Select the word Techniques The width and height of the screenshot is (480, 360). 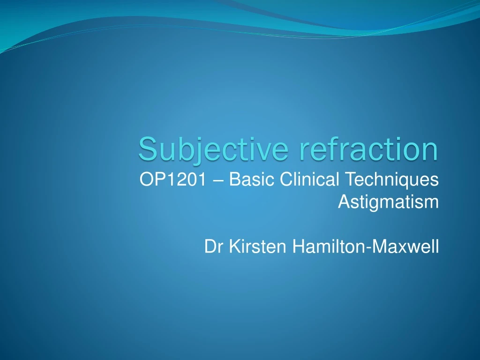392,180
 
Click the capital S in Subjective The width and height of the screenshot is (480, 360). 146,149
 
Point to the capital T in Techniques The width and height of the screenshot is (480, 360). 350,179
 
